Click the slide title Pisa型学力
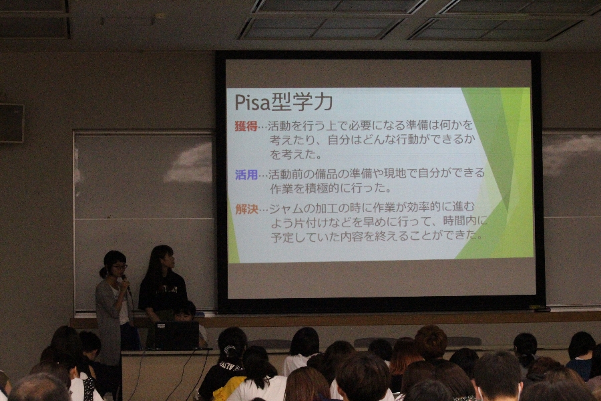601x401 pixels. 283,102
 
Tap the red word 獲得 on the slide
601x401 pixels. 246,126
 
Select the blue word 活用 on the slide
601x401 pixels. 246,175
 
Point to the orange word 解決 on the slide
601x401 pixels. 247,209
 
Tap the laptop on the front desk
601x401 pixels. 173,336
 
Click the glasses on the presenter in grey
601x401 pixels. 120,266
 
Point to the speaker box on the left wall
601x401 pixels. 11,123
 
